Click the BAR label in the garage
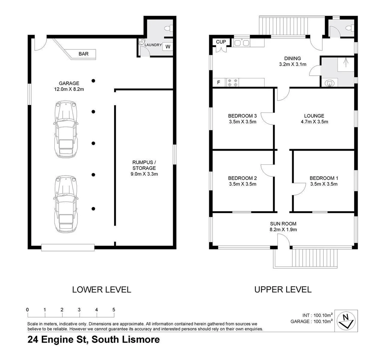click(83, 54)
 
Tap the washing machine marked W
click(168, 47)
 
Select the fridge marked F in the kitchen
click(219, 82)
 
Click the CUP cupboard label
click(221, 42)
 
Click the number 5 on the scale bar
click(114, 310)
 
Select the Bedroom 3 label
click(242, 116)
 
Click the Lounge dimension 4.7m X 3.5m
click(314, 122)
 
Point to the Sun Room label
click(283, 224)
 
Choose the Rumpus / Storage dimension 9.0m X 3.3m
click(144, 174)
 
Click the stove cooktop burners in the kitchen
click(233, 82)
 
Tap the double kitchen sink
click(242, 43)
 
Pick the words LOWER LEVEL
click(101, 289)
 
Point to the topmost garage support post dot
click(94, 80)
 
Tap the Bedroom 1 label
click(324, 178)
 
